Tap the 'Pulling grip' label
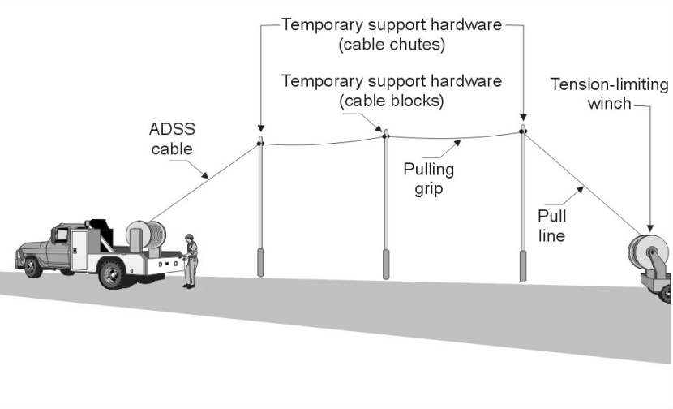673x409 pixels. pyautogui.click(x=429, y=179)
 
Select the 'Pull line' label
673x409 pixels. pyautogui.click(x=552, y=226)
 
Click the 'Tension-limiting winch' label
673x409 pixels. pyautogui.click(x=609, y=93)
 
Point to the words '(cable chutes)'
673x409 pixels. pyautogui.click(x=392, y=45)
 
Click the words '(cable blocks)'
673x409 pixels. pyautogui.click(x=392, y=101)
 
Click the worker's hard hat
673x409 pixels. pyautogui.click(x=189, y=236)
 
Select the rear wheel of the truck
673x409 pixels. pyautogui.click(x=111, y=273)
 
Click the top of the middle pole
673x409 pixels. pyautogui.click(x=387, y=134)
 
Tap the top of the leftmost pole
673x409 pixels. pyautogui.click(x=260, y=142)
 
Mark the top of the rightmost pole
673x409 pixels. pyautogui.click(x=523, y=129)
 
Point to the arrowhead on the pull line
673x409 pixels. pyautogui.click(x=581, y=192)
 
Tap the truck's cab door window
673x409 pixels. pyautogui.click(x=59, y=236)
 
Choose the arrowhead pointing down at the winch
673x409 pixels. pyautogui.click(x=650, y=228)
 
